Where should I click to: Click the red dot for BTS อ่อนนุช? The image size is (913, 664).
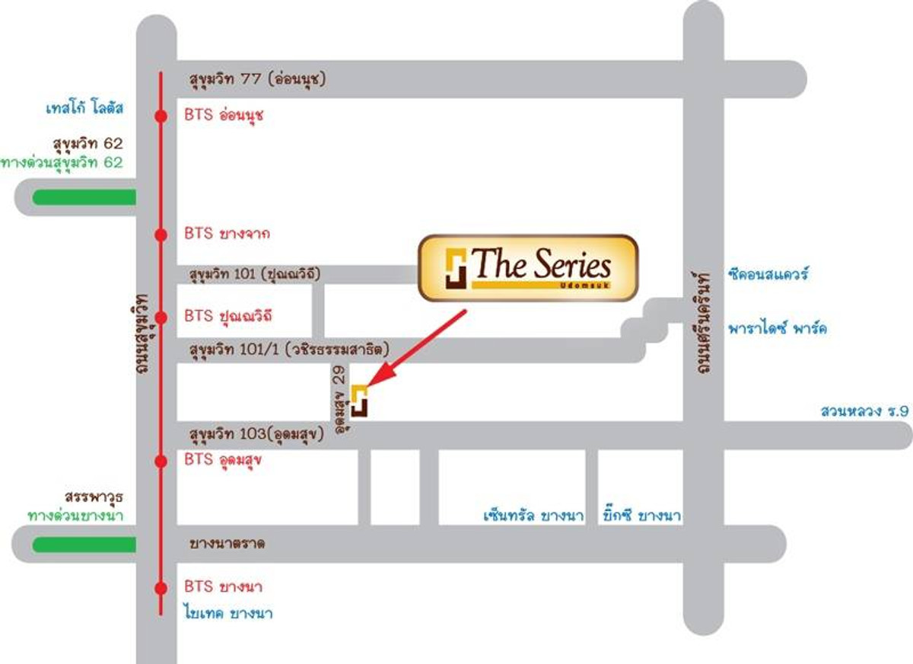161,117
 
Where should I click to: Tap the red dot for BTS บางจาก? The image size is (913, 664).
161,235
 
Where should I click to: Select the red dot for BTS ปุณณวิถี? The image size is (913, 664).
161,318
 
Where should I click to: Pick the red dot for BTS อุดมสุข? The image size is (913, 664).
161,461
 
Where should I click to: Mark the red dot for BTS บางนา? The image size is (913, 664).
161,588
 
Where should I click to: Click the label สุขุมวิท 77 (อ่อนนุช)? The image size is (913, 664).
258,78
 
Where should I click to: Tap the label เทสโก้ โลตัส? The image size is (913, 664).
84,108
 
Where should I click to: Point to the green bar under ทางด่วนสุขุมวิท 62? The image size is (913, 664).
84,197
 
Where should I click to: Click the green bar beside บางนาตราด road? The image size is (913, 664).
84,545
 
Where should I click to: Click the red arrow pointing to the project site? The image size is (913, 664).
417,348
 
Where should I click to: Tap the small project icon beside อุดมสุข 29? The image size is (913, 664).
359,401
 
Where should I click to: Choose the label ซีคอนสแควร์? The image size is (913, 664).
768,273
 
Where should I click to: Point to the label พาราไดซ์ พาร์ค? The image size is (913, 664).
778,328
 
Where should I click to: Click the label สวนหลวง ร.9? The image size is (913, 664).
864,410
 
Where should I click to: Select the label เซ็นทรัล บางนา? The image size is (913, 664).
533,515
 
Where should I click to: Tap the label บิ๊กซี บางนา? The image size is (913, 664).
642,515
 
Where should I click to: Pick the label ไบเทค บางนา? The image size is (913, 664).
229,613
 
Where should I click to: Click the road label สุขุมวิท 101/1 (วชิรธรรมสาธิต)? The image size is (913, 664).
289,350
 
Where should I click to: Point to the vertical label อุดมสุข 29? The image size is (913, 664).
339,399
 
